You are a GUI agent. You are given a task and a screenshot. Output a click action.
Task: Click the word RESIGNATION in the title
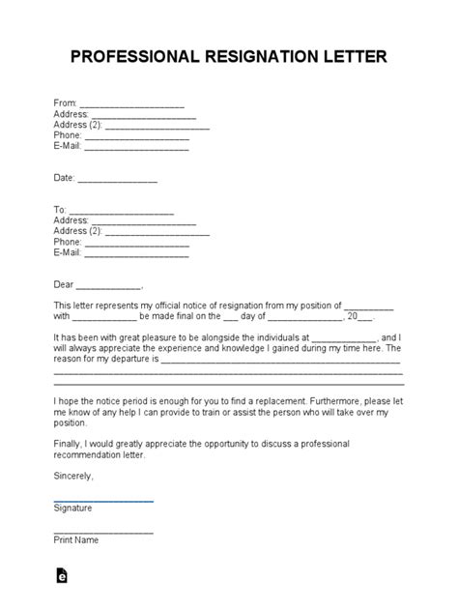tap(254, 57)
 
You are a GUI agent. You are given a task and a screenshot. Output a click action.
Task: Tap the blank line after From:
tap(131, 103)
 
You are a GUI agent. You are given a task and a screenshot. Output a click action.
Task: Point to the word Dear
tap(63, 285)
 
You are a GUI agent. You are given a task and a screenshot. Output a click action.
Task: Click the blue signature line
tap(103, 500)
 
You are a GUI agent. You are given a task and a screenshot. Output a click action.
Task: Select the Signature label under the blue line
tap(73, 509)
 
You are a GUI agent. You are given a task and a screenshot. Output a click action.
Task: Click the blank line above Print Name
tap(103, 532)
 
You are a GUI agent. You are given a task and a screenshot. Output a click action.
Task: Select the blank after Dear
tap(108, 286)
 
